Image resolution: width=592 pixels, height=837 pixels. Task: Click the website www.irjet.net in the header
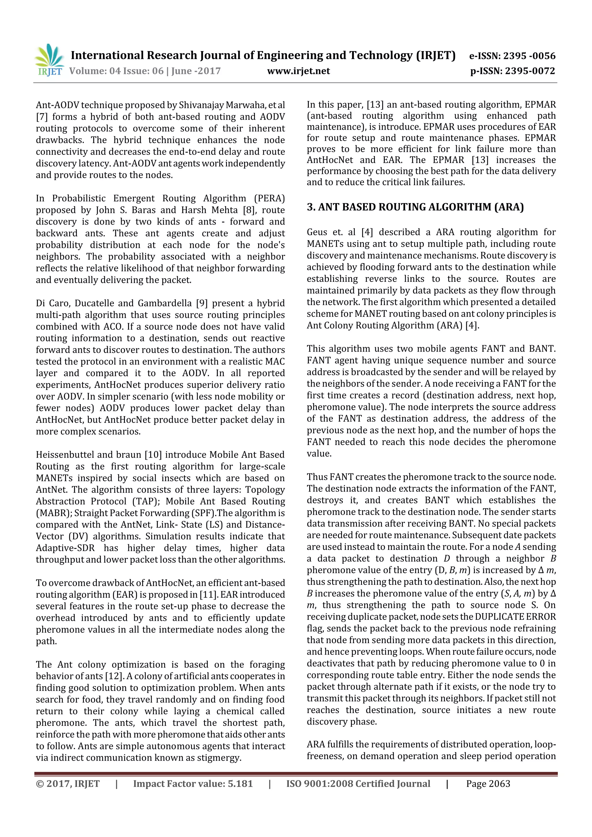[x=298, y=71]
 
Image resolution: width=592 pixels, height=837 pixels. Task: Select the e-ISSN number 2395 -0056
[x=529, y=56]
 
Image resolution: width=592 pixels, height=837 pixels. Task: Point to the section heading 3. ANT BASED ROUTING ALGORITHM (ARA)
[x=415, y=207]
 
